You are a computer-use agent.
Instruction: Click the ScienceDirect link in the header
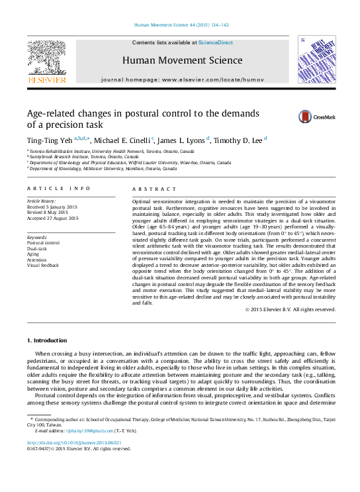tap(216, 42)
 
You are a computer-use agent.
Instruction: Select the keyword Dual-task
tap(38, 248)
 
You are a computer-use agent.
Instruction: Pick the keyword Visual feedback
tap(43, 265)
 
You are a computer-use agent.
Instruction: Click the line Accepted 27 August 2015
tap(52, 218)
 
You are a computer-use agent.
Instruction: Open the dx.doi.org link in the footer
tap(74, 442)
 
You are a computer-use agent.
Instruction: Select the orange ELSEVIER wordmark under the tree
tap(46, 80)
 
